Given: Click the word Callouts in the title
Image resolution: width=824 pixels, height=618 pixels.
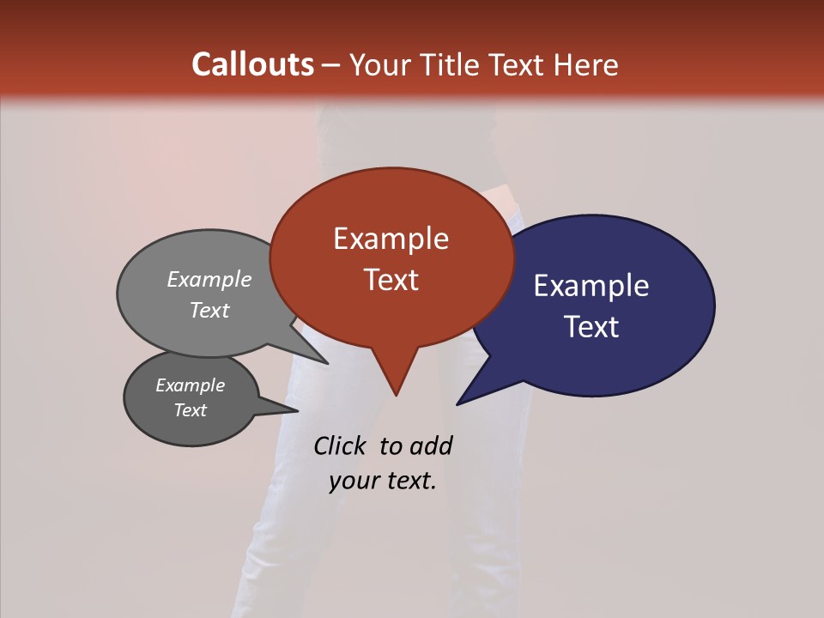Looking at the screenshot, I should click(x=253, y=64).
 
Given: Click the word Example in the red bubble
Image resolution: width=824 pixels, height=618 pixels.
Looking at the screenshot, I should click(x=391, y=239).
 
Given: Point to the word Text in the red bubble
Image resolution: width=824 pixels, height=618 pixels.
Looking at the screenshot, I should click(x=391, y=280).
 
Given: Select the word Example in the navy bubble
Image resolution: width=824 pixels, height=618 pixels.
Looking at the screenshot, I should click(x=591, y=286).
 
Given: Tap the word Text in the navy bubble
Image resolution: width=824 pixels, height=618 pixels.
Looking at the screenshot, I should click(x=592, y=327).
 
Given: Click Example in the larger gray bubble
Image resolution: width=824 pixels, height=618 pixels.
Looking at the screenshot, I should click(x=209, y=279).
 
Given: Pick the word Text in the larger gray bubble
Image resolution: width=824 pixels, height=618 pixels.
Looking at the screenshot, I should click(x=209, y=310).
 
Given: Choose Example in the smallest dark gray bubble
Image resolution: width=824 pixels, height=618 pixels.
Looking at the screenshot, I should click(x=191, y=385).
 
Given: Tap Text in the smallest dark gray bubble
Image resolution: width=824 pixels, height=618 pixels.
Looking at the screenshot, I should click(x=191, y=410).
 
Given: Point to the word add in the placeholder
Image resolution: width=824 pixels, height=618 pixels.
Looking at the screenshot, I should click(x=431, y=445).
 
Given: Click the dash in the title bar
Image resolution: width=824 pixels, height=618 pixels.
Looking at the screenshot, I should click(x=332, y=65).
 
